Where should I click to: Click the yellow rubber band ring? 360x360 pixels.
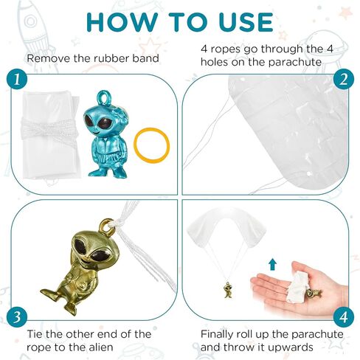coord(135,145)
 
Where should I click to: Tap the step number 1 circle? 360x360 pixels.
coord(17,79)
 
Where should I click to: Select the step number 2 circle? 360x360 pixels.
coord(344,79)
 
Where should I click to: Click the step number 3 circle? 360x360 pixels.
coord(17,316)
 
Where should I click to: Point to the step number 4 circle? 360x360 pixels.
coord(344,316)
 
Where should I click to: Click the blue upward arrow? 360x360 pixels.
coord(272,264)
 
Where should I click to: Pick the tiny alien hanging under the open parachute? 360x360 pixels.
coord(229,290)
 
